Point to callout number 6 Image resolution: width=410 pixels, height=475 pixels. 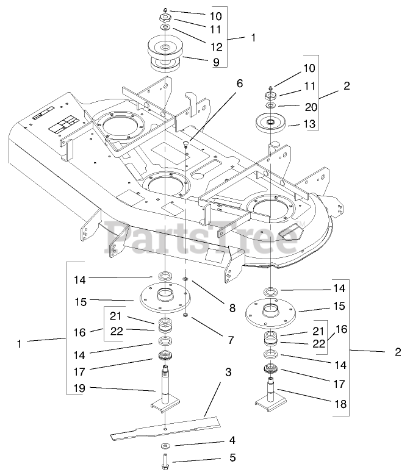click(239, 84)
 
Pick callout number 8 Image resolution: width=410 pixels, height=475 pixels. click(232, 309)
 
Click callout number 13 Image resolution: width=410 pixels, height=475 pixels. click(311, 125)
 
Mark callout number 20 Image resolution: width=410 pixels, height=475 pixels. click(311, 106)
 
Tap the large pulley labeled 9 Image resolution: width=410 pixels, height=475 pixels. click(165, 52)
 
